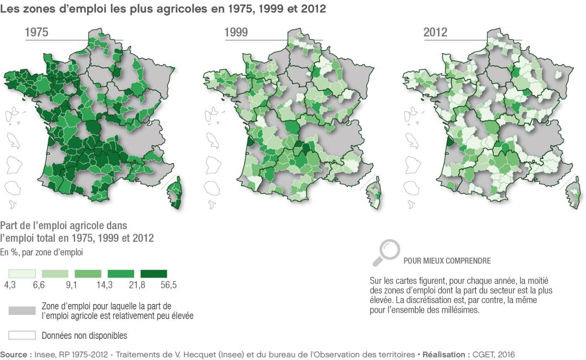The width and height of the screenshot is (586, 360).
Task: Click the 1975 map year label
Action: [x=37, y=33]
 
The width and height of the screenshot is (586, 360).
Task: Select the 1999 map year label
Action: [x=237, y=33]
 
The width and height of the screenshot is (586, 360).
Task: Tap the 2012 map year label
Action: [x=435, y=33]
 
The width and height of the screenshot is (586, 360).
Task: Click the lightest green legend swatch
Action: [x=22, y=274]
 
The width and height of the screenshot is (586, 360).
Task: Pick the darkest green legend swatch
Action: [x=154, y=274]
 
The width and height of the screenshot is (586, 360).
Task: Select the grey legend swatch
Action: [x=22, y=310]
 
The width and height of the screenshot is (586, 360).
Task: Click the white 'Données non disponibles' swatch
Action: [x=22, y=334]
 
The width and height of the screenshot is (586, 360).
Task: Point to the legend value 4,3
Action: [x=9, y=285]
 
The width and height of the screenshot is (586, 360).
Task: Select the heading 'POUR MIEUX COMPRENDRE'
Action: [x=447, y=261]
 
